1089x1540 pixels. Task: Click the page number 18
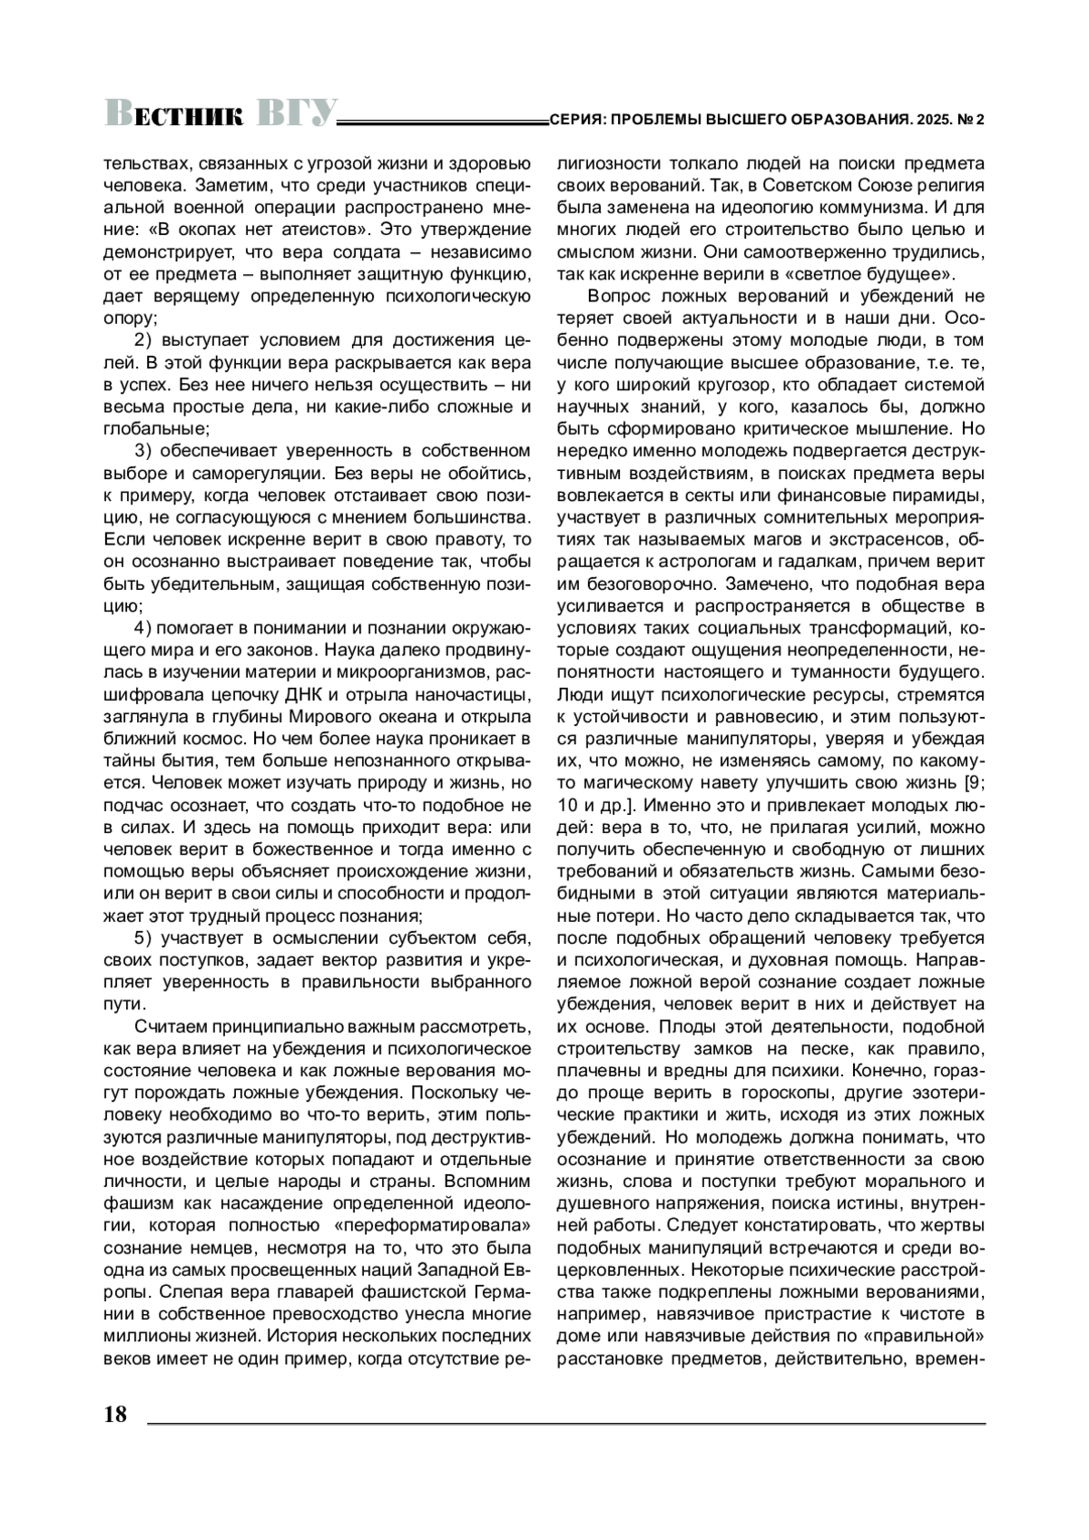coord(116,1414)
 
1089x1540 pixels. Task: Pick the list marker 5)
coord(147,937)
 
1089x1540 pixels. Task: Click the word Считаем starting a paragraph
coord(171,1026)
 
